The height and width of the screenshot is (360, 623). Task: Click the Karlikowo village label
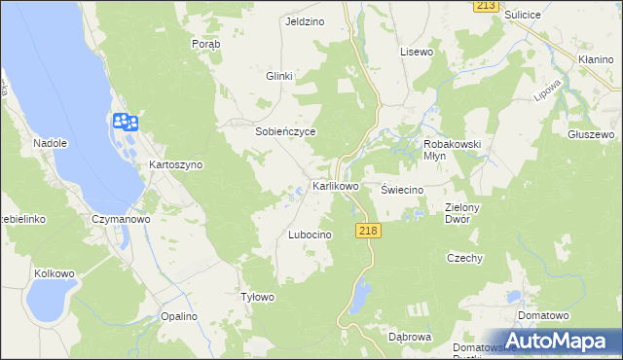[335, 185]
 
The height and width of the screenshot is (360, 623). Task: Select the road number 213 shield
[487, 6]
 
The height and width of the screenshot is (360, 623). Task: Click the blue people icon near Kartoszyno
[126, 123]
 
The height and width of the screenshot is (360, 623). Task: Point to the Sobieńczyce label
[285, 131]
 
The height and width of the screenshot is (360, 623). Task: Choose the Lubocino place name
[311, 235]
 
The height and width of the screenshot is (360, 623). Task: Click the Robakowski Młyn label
[453, 150]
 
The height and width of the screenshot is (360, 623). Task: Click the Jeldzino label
[304, 20]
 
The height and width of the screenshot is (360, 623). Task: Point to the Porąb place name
[206, 45]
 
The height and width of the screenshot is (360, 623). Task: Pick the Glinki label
[279, 76]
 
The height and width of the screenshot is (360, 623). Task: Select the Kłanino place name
[595, 59]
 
